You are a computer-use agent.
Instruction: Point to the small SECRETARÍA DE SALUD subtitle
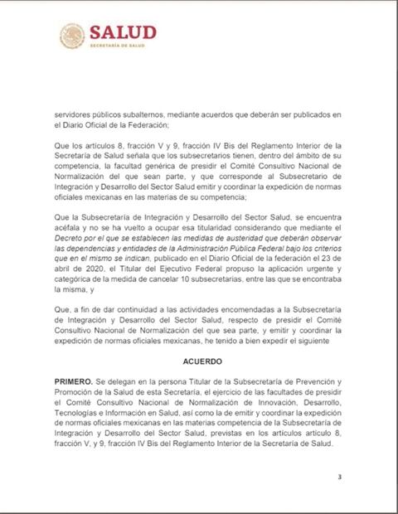click(118, 46)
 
